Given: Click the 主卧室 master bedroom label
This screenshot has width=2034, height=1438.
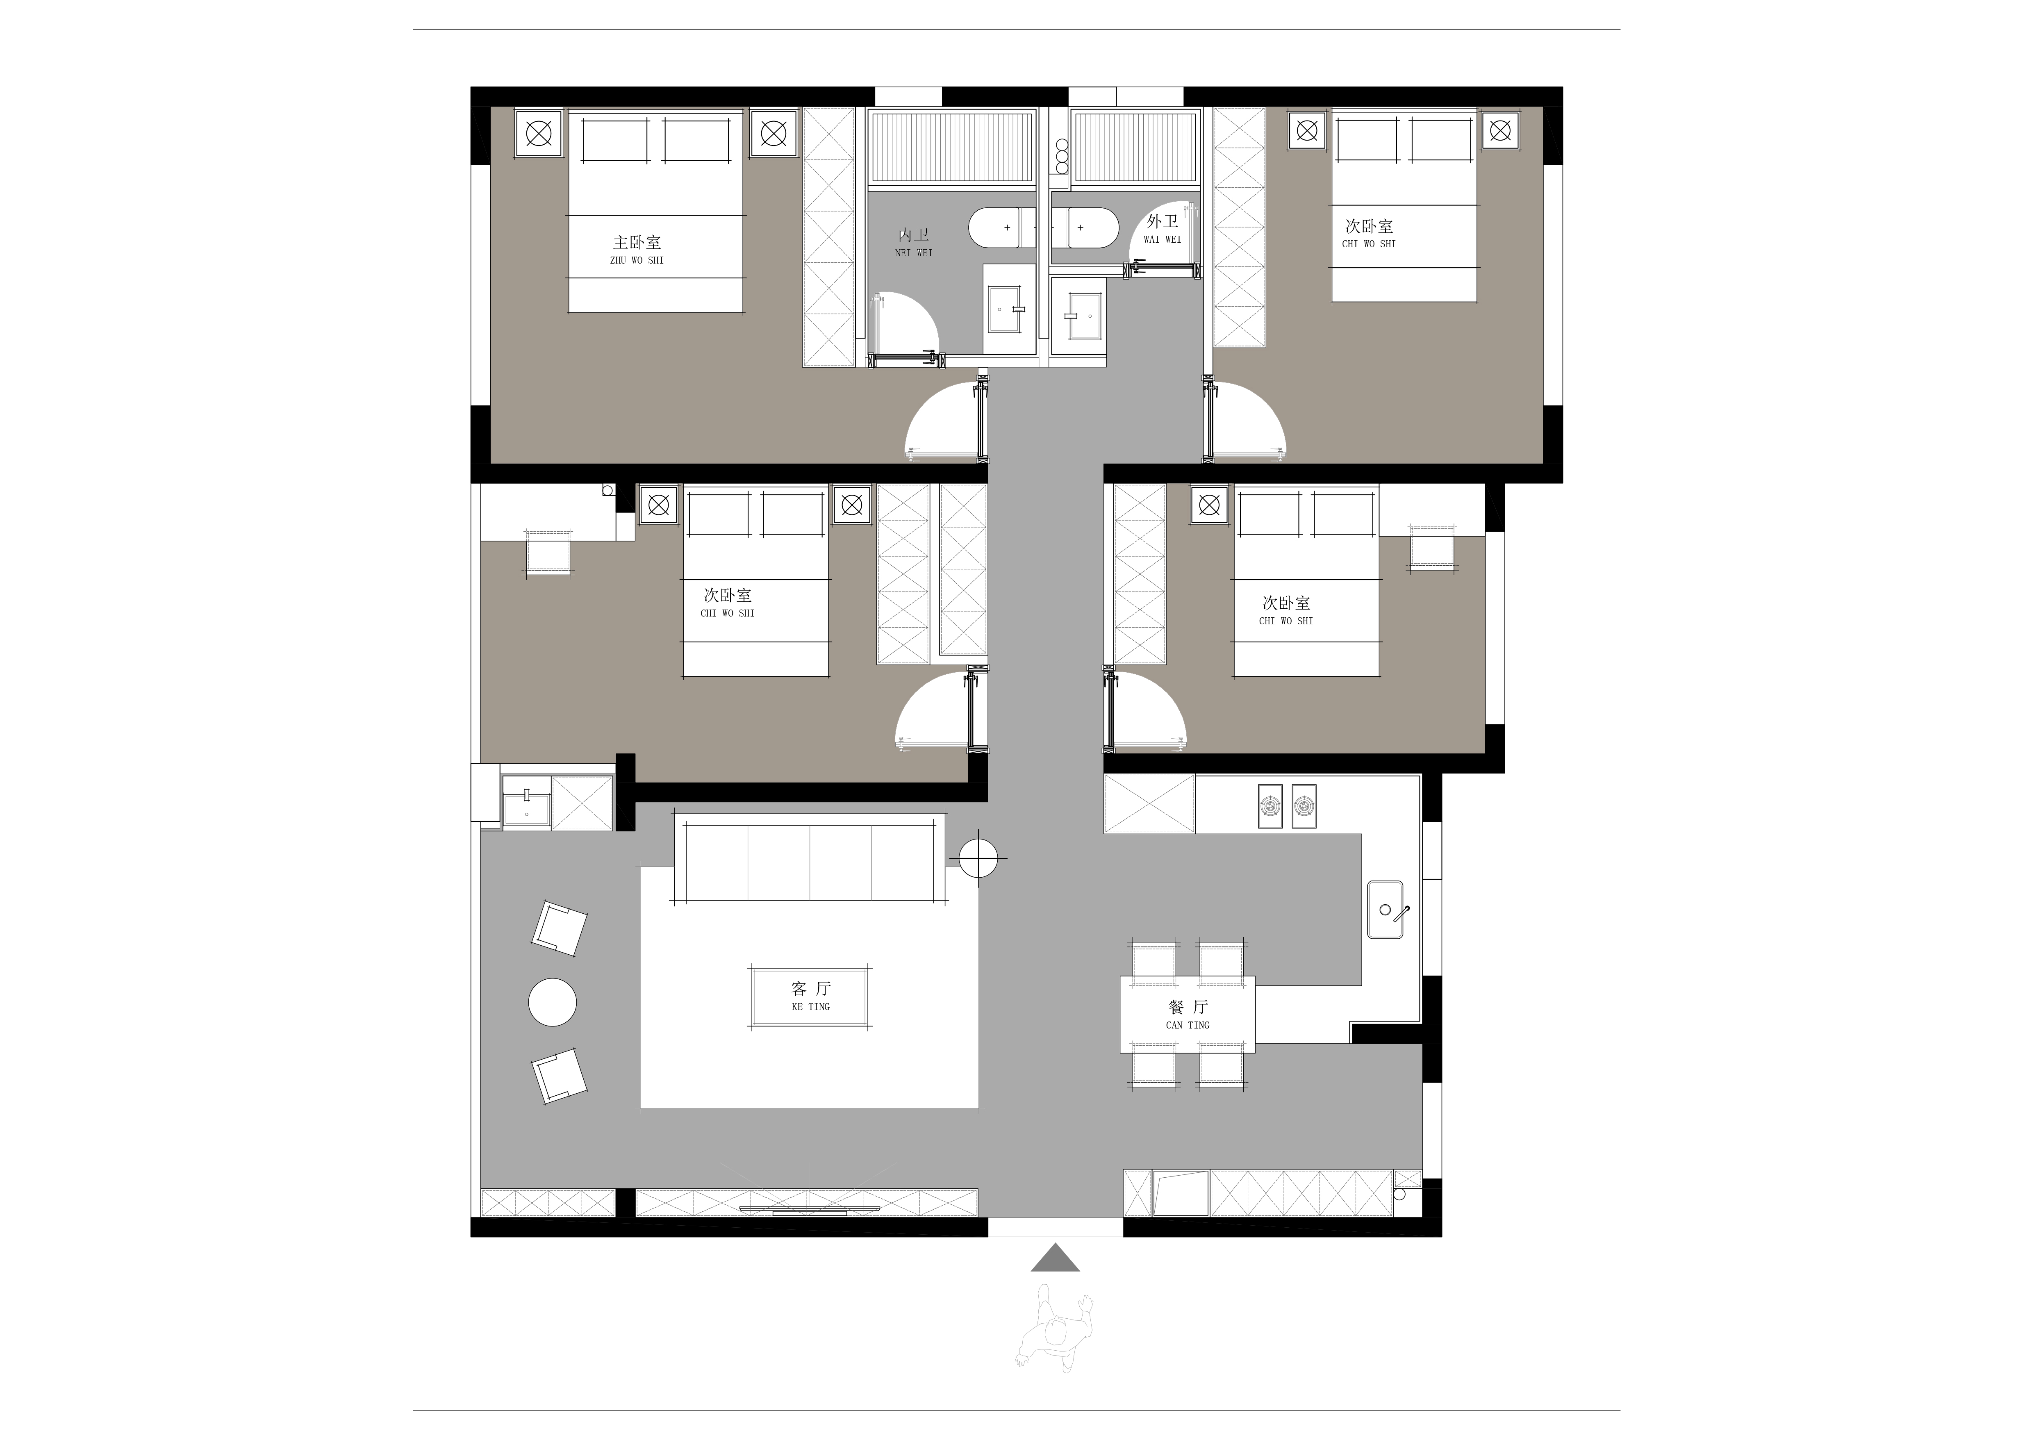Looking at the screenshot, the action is click(x=637, y=242).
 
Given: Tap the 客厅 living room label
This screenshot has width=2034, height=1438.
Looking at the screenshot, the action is click(x=810, y=988).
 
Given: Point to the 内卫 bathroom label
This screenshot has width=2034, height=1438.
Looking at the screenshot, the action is click(x=913, y=235).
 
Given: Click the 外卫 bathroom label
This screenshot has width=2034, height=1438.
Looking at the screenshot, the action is click(x=1162, y=221).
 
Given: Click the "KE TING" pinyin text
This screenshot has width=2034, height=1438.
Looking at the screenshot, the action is click(x=810, y=1006).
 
